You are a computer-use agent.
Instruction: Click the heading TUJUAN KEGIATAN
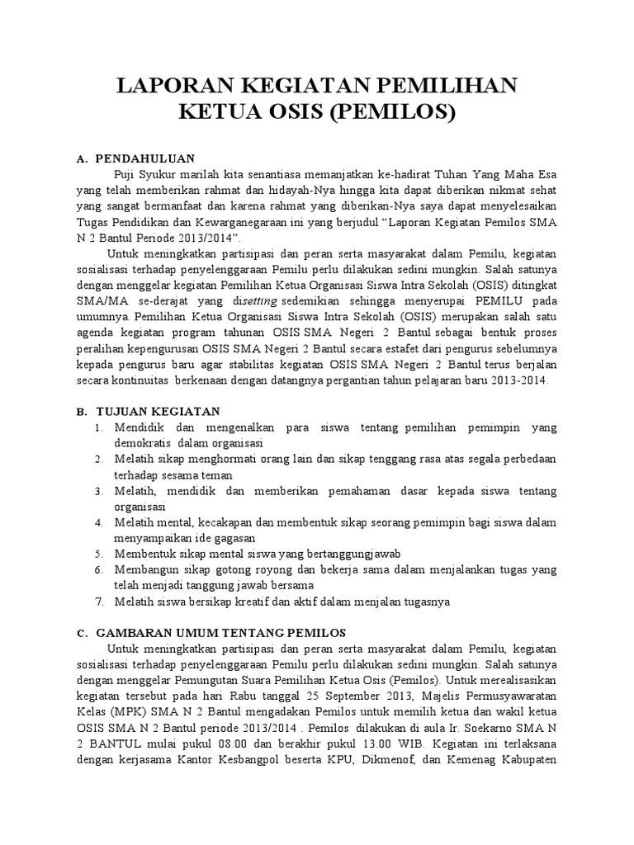(x=158, y=411)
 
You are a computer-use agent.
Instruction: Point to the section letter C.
(x=82, y=633)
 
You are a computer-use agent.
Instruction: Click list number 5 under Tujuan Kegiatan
(x=97, y=553)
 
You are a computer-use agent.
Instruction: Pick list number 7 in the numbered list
(x=97, y=602)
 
